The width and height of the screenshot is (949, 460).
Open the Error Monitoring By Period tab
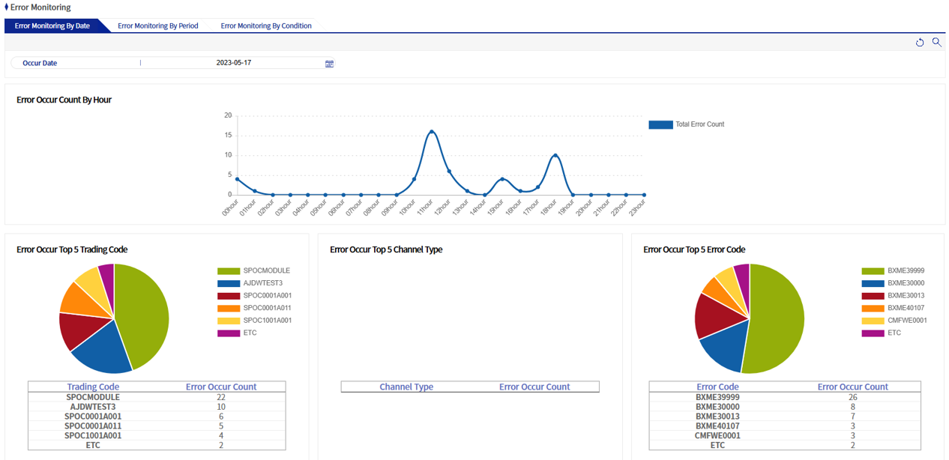[157, 25]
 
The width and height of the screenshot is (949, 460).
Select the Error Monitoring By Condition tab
[265, 25]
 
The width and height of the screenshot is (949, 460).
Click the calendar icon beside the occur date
[329, 64]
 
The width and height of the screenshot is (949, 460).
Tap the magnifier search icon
[936, 43]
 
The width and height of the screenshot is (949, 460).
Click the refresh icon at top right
[920, 43]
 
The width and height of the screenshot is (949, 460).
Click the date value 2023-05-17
[233, 63]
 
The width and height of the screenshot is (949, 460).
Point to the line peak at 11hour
[432, 132]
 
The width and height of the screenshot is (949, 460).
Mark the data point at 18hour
[555, 155]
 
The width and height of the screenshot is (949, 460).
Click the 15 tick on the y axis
[228, 136]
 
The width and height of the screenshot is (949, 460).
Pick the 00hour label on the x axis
[230, 207]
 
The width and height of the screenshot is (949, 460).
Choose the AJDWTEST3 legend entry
[262, 283]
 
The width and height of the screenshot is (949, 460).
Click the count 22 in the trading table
[221, 397]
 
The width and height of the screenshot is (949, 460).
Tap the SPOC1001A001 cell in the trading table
[93, 435]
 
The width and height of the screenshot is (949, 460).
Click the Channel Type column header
[406, 387]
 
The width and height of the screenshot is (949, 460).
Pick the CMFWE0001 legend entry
[906, 320]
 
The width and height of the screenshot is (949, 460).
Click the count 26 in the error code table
[852, 397]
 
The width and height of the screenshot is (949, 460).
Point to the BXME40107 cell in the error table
[717, 426]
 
